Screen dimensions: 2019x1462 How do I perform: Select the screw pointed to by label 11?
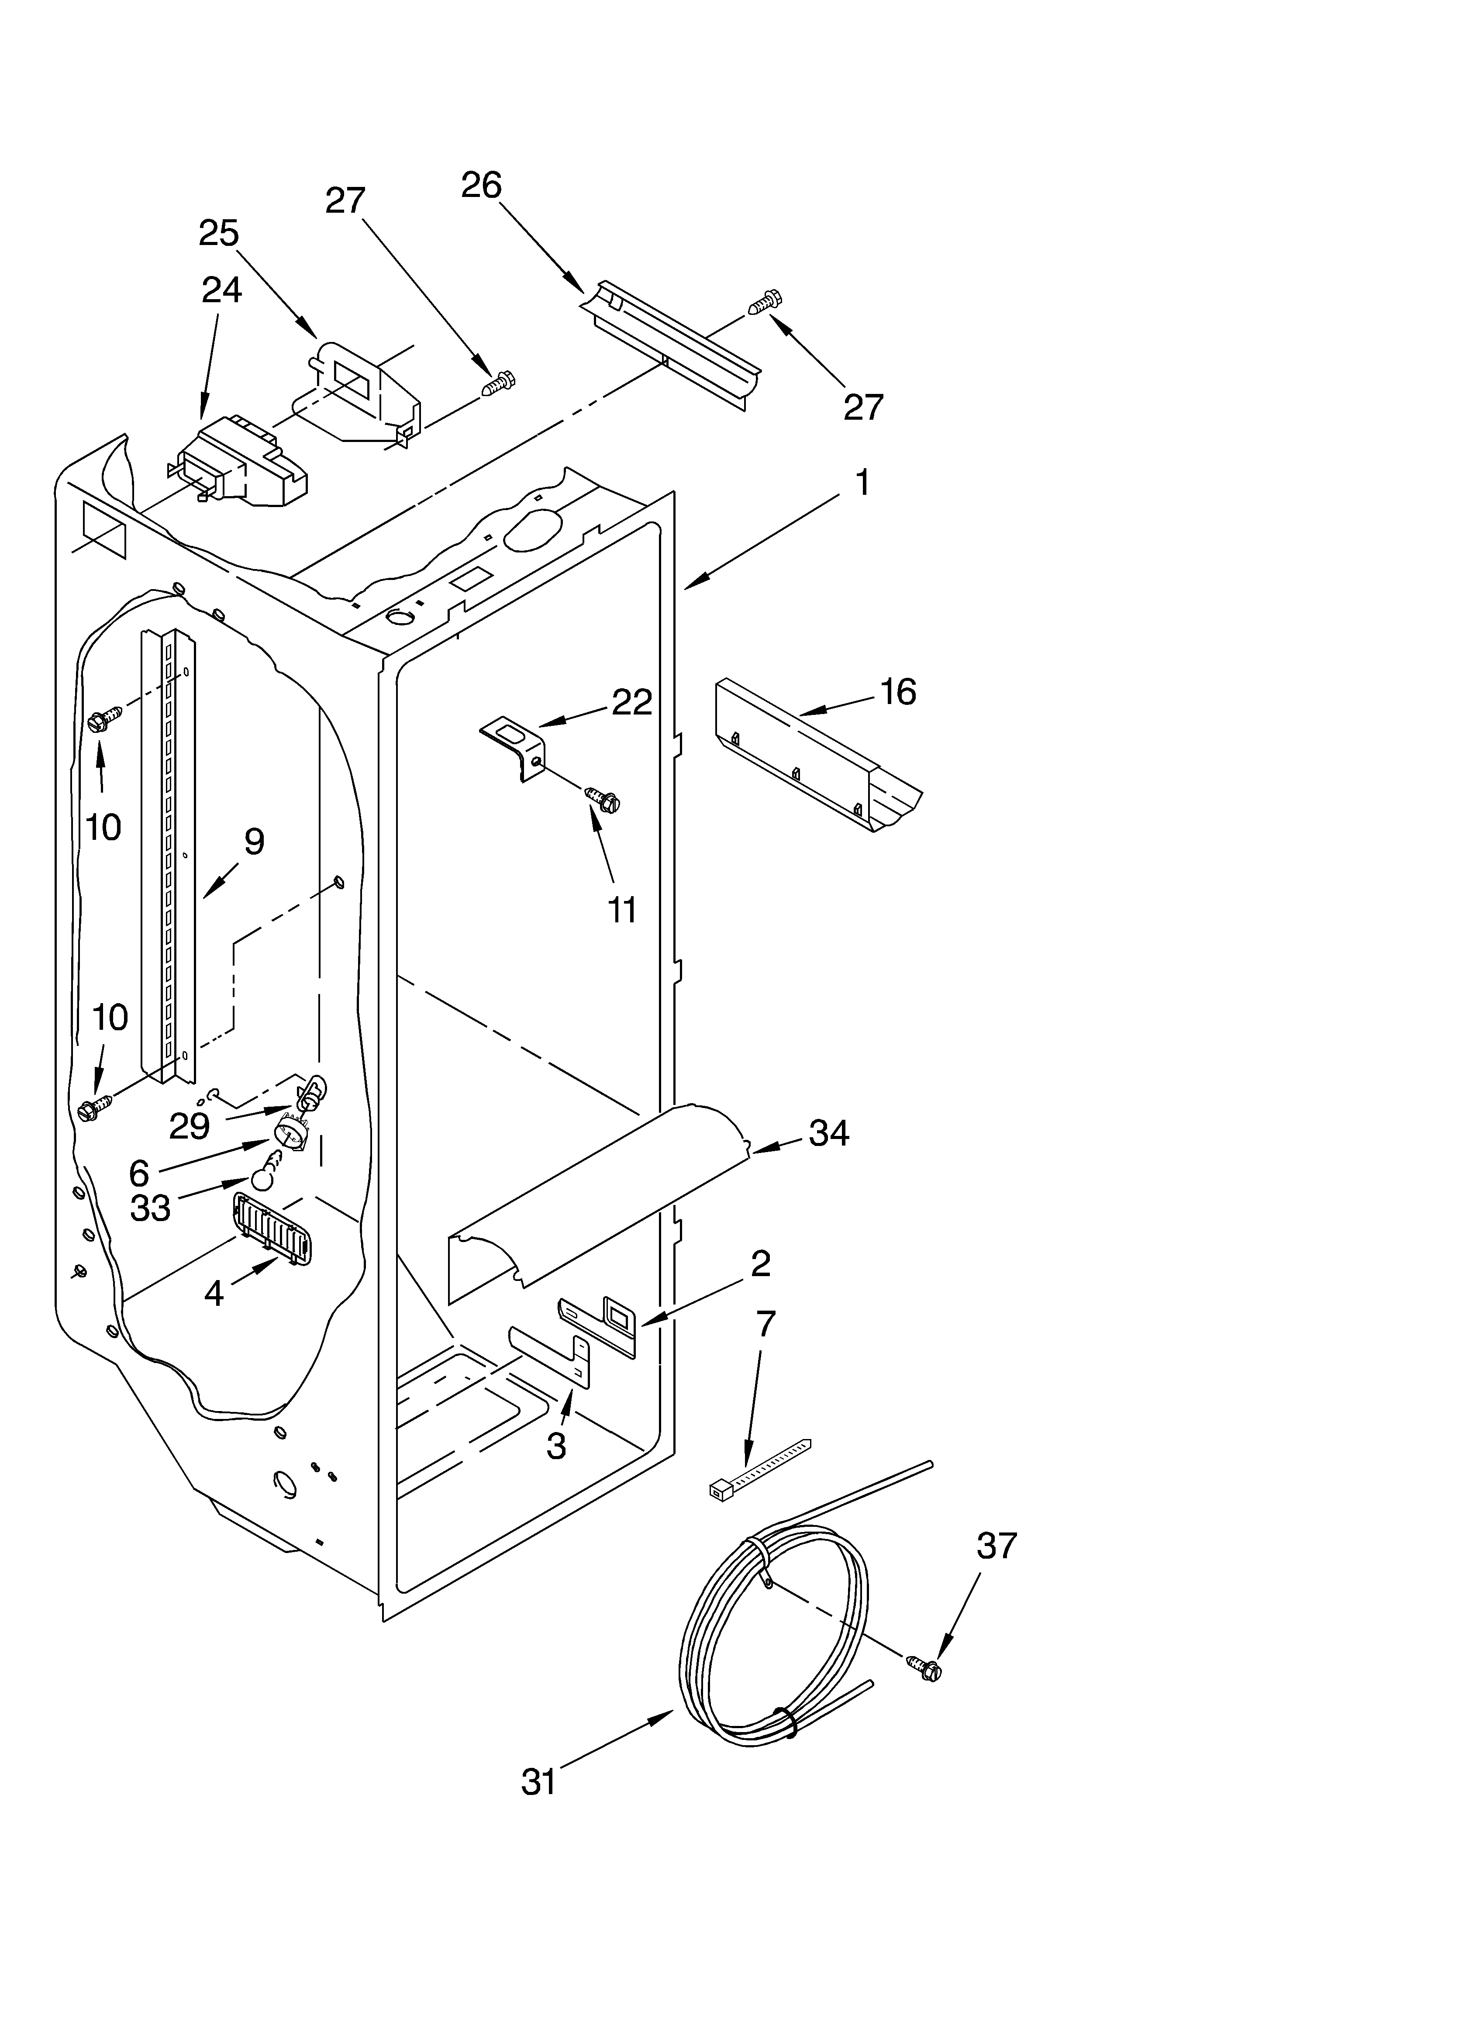[x=603, y=798]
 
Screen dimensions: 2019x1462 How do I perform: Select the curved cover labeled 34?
[x=597, y=1193]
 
